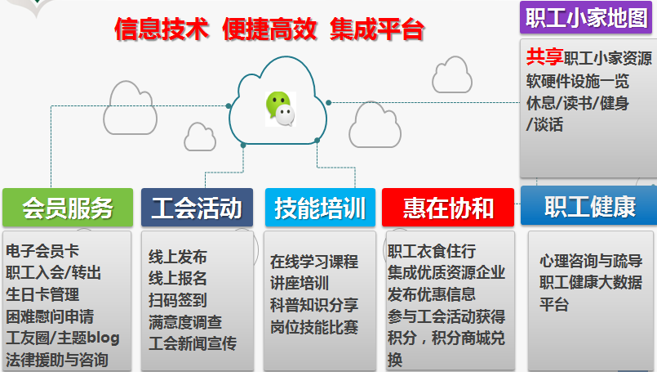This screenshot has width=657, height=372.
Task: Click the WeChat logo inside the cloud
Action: pos(281,109)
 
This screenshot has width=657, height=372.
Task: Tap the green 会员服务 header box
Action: pos(68,208)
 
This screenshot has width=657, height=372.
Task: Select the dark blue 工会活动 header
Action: pos(197,208)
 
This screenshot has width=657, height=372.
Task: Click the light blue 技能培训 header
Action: pos(320,208)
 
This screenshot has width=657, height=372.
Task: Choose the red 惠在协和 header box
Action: pos(448,208)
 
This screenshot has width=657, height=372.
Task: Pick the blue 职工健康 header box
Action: pos(589,206)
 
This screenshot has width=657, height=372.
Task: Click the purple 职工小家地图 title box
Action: pos(586,17)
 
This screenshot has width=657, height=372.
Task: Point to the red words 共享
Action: pos(544,56)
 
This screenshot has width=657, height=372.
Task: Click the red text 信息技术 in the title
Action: pos(162,29)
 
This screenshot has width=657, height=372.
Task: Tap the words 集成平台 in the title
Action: pos(377,29)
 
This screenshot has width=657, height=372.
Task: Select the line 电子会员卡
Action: pos(42,251)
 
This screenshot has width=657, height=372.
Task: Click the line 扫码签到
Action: pos(178,300)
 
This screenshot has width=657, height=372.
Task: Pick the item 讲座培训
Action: pos(300,283)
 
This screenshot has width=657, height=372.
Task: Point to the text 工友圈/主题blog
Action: pos(63,338)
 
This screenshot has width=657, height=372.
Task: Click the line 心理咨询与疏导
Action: pos(591,261)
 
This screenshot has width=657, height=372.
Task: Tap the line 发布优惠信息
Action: pos(432,294)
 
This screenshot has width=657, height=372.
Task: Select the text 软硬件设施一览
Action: pos(578,81)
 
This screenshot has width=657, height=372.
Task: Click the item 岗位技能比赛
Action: pos(314,327)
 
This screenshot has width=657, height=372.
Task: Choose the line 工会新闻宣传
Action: pos(193,343)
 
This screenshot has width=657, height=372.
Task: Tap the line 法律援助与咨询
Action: pos(57,360)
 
